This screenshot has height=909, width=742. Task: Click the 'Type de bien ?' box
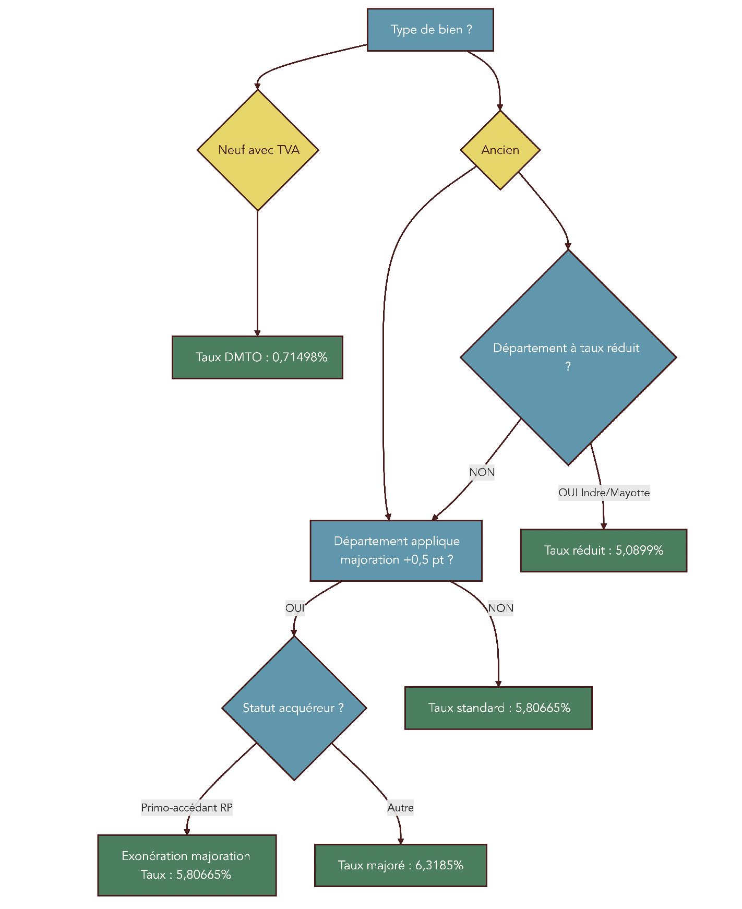coord(430,30)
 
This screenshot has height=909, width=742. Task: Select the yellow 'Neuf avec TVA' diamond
coord(258,150)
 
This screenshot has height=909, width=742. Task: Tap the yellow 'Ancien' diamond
coord(500,150)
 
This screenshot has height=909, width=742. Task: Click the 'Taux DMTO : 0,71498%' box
coord(257,357)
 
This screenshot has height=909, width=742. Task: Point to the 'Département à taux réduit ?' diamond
coord(568,357)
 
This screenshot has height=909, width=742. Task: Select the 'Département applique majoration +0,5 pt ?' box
coord(396,551)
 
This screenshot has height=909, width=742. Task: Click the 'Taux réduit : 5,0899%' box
coord(603,551)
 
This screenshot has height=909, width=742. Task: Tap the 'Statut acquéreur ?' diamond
coord(294,708)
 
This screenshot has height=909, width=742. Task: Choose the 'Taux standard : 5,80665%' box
coord(498,708)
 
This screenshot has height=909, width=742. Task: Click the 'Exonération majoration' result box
coord(187,865)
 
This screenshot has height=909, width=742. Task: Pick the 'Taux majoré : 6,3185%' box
coord(400,865)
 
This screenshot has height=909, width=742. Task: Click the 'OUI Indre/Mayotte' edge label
coord(604,493)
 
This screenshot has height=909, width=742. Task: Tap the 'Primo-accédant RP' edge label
coord(187,808)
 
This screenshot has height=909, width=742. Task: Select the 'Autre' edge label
coord(400,808)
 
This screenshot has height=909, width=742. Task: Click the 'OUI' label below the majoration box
coord(295,608)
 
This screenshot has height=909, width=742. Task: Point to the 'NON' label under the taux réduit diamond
coord(482,472)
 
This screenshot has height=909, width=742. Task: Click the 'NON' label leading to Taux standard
coord(500,608)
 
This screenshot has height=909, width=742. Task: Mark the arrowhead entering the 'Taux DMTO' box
coord(257,333)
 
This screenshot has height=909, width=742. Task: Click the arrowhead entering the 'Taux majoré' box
coord(401,841)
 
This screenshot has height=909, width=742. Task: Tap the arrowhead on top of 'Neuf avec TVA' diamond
coord(257,87)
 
